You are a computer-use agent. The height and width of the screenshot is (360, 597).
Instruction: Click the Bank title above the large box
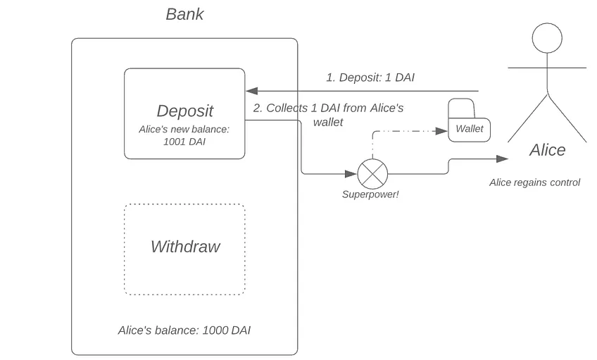coord(184,15)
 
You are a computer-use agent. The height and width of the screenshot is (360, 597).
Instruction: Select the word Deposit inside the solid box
coord(184,111)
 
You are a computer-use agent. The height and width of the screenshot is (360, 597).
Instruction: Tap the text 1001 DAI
coord(184,142)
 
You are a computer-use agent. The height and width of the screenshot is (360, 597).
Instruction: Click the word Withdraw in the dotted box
coord(185,247)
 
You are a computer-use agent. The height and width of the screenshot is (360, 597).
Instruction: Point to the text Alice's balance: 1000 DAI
coord(184,330)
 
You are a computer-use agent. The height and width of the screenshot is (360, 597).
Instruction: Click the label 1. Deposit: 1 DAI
coord(370,77)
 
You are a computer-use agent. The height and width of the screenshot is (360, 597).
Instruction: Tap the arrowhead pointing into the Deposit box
coord(251,91)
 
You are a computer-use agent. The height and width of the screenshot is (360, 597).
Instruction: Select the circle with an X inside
coord(372,174)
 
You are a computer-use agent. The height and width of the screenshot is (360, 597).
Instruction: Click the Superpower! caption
coord(370,194)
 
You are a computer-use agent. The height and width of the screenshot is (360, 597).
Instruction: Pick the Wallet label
coord(469,129)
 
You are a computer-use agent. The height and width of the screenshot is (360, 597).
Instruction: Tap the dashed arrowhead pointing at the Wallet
coord(441,131)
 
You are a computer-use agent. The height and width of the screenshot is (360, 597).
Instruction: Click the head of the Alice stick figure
coord(547,38)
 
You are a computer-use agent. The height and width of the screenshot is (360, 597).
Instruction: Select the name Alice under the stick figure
coord(547,150)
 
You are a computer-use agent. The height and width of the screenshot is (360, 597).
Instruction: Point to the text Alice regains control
coord(534,182)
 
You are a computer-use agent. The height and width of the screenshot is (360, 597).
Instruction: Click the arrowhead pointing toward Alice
coord(502,159)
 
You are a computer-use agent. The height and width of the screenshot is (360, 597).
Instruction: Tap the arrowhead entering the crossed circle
coord(351,174)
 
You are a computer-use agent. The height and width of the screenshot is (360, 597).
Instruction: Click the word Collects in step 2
coord(287,108)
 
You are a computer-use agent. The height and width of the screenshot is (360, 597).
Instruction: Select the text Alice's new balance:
coord(184,130)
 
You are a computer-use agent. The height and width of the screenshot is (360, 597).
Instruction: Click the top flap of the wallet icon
coord(461,108)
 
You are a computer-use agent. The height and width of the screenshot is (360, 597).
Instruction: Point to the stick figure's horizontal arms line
coord(547,68)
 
